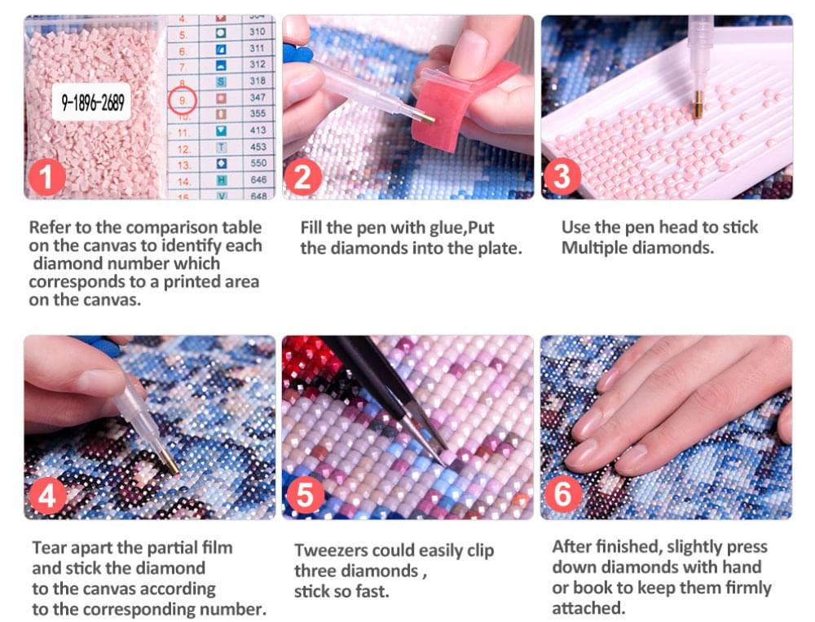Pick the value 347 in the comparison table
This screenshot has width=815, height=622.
click(258, 98)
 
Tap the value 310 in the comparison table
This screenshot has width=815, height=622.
click(258, 32)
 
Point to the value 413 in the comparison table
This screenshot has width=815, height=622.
click(258, 131)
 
